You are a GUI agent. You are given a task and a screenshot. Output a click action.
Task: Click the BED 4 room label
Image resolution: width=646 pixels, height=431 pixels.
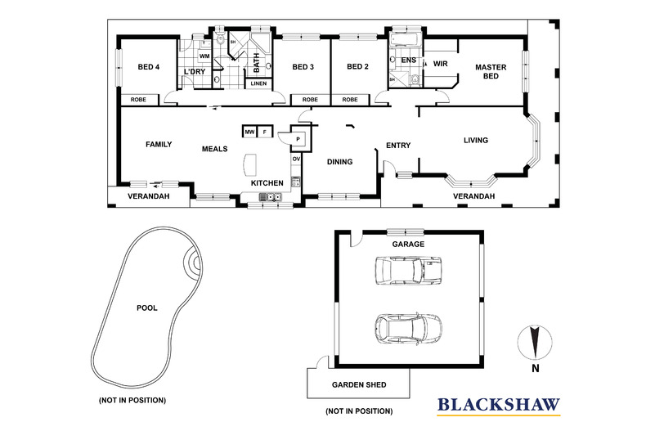(x=149, y=67)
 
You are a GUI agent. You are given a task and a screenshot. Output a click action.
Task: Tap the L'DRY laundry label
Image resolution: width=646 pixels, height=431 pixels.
(x=194, y=72)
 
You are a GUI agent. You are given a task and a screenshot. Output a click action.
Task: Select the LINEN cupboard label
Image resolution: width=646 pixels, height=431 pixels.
(x=258, y=83)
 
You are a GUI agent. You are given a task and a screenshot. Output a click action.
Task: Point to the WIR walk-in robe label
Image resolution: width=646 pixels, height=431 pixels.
(x=440, y=63)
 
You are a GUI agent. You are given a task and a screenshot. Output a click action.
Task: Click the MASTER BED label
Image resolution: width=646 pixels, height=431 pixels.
(x=491, y=71)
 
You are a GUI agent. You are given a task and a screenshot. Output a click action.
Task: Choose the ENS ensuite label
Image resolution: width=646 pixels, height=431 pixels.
(x=409, y=60)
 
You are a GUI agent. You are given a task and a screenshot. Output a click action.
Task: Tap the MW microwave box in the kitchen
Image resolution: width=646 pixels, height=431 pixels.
(x=249, y=132)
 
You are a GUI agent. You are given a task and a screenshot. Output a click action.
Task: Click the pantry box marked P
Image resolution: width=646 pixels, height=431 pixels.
(x=298, y=139)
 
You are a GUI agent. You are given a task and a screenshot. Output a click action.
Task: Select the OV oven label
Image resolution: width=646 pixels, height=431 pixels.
(x=296, y=159)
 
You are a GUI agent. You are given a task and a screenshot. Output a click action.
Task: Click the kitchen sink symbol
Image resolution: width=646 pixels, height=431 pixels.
(x=270, y=196)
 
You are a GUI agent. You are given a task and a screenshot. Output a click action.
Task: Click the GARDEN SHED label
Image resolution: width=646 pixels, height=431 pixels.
(x=358, y=384)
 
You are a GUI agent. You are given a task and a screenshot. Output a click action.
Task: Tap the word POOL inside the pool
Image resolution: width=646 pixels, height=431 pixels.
(x=147, y=308)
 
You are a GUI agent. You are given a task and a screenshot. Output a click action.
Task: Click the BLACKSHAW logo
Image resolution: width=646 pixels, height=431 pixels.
(x=498, y=403)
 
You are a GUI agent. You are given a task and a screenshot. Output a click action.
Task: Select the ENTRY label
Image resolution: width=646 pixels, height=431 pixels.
(x=398, y=146)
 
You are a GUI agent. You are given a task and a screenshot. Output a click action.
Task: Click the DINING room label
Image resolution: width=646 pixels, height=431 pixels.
(x=339, y=162)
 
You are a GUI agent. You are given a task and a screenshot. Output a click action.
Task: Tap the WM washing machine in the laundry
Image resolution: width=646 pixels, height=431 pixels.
(x=204, y=56)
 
